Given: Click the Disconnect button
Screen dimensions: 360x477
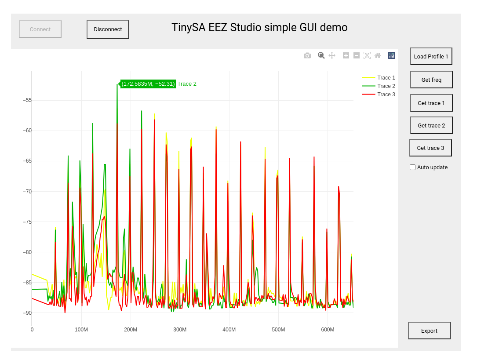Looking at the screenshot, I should click(108, 29).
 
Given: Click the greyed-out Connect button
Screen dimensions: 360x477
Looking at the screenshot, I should click(40, 29).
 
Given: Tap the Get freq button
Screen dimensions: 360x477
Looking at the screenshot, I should click(431, 80).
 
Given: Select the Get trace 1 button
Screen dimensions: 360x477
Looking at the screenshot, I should click(431, 103).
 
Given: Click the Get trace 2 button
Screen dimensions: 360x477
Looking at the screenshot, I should click(431, 125).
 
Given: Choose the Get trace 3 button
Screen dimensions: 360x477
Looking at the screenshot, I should click(430, 148).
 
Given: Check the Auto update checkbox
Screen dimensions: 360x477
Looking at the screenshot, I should click(412, 167).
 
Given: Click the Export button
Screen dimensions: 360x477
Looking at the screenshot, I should click(429, 331).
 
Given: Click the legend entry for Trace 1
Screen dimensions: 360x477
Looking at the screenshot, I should click(386, 78).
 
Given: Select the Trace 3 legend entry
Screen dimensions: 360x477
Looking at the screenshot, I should click(386, 95).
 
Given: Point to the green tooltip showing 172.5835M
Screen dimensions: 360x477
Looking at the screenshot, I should click(148, 84).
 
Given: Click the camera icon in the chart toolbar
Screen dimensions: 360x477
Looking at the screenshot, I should click(307, 55).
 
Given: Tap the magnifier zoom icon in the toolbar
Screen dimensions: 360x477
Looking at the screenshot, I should click(321, 55).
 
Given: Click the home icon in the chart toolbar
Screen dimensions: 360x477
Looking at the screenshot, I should click(378, 55).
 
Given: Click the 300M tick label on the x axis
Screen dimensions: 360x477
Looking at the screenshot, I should click(180, 330).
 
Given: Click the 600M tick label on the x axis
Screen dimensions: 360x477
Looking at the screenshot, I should click(328, 330).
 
